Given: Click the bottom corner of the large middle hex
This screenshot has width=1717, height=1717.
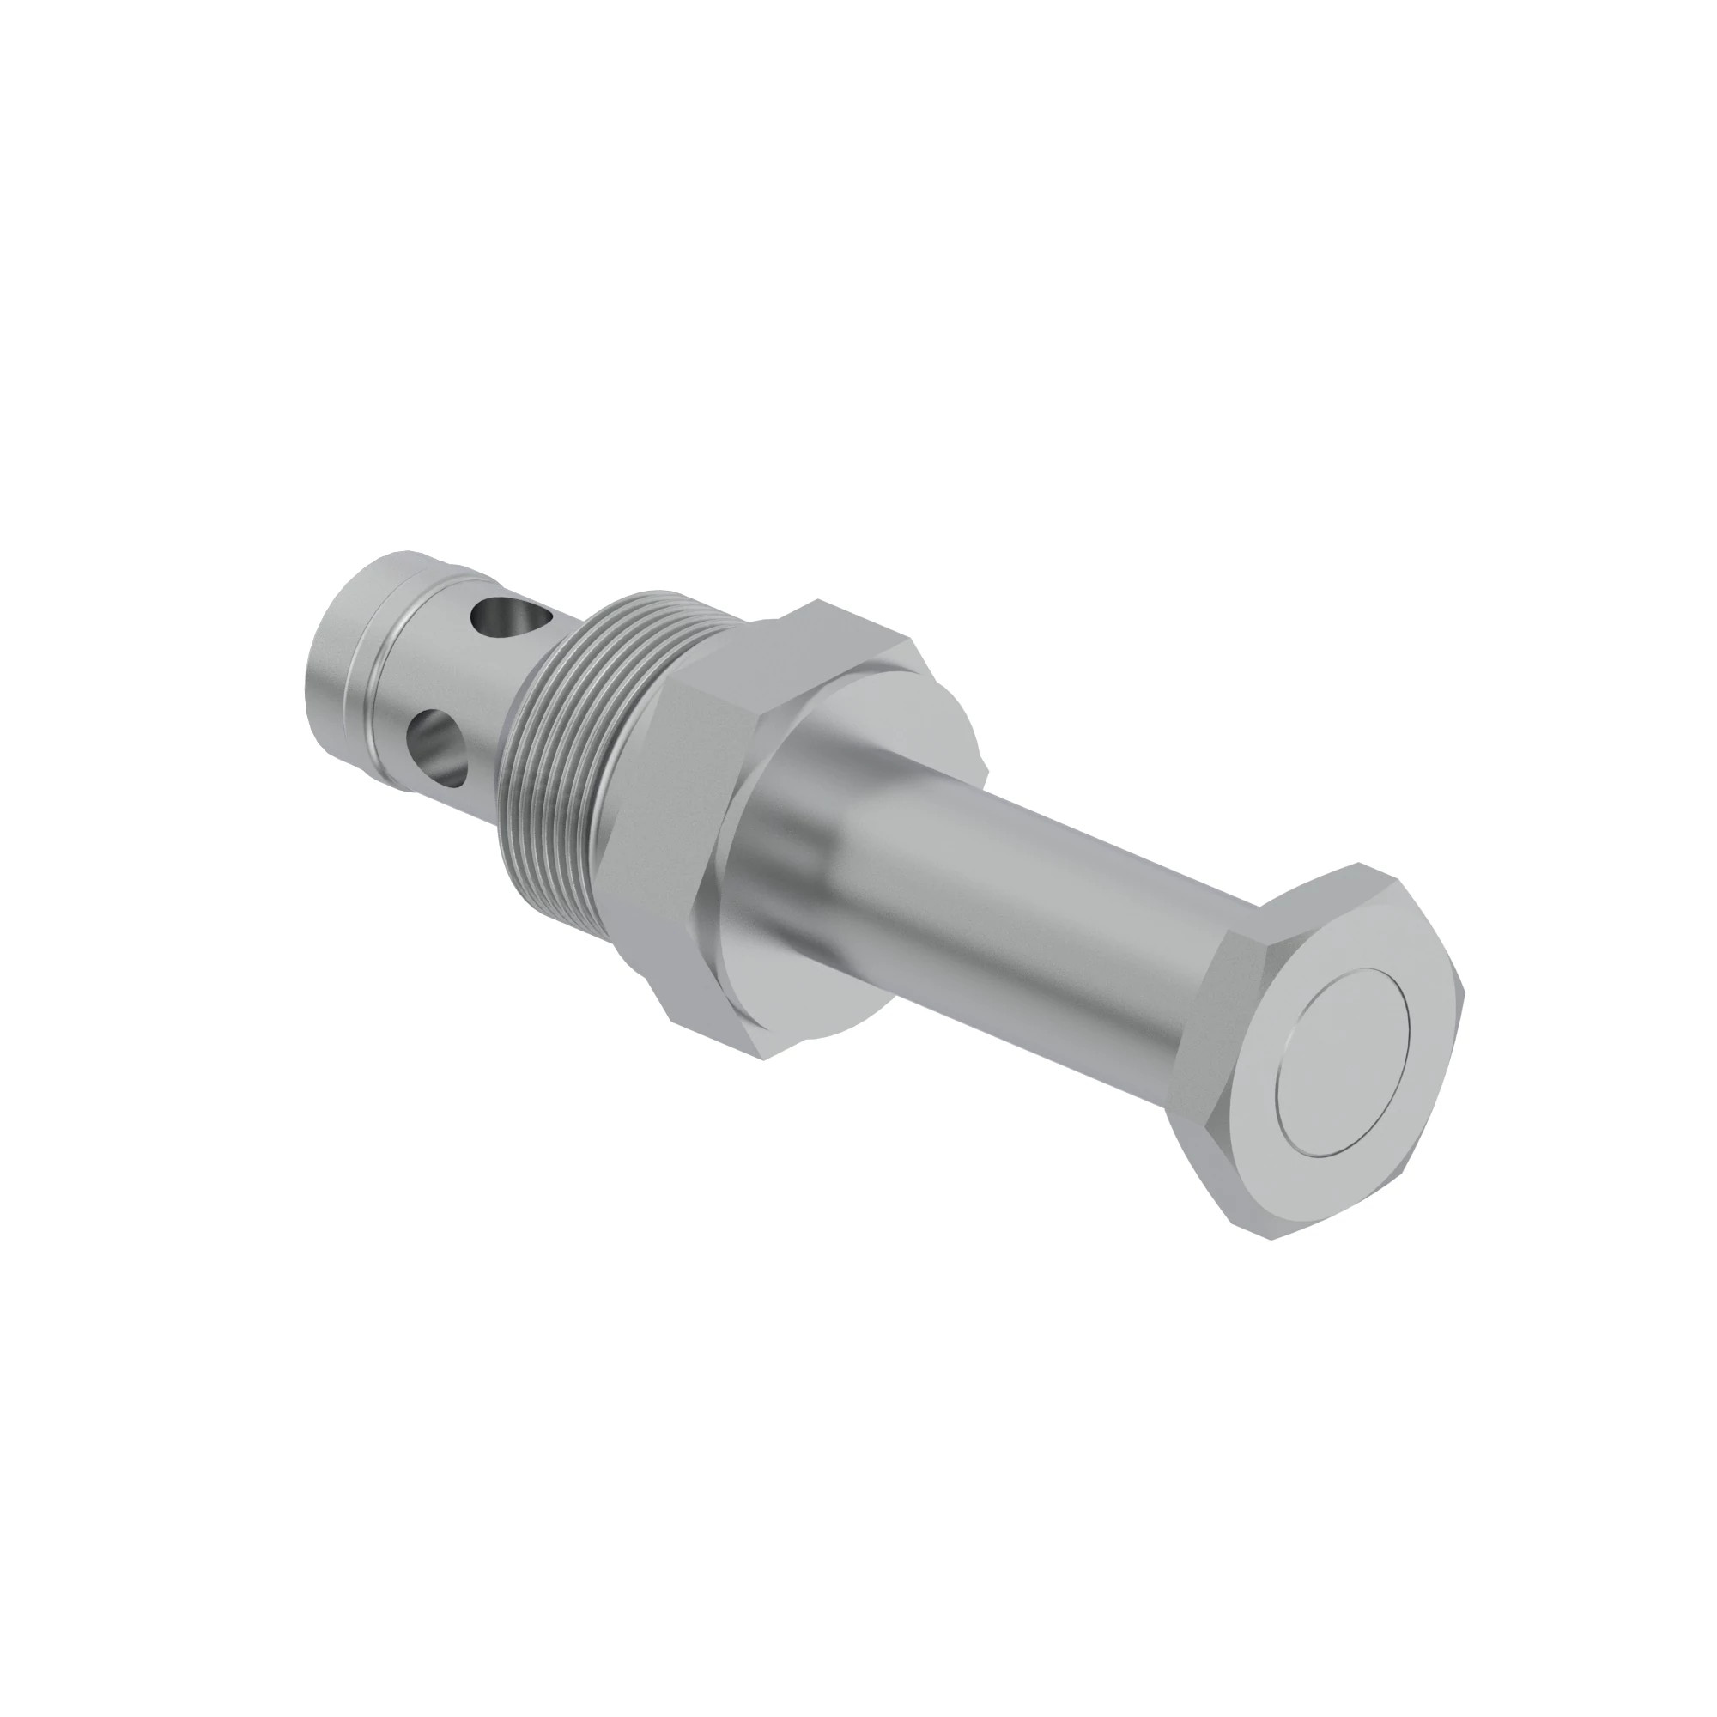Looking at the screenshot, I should point(764,1058).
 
